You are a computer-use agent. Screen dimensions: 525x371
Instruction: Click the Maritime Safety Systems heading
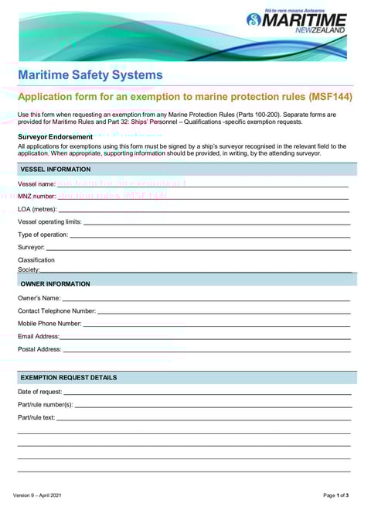(x=90, y=75)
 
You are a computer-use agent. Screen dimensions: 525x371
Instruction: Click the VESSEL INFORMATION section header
(x=55, y=169)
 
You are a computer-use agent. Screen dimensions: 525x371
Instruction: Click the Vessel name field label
(x=36, y=184)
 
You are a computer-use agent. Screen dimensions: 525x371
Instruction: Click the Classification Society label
(x=36, y=265)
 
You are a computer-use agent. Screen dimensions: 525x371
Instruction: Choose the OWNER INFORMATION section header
(x=55, y=284)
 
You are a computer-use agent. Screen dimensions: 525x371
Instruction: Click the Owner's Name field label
(x=39, y=298)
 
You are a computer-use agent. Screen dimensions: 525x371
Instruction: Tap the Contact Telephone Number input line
(x=223, y=311)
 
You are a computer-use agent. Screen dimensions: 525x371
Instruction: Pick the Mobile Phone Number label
(x=49, y=324)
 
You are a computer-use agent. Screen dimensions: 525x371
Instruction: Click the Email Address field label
(x=39, y=336)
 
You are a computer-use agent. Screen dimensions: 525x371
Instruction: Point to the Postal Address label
(x=39, y=349)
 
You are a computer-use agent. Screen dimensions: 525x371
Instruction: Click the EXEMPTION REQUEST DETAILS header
(x=69, y=378)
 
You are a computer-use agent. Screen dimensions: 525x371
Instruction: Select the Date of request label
(x=40, y=392)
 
